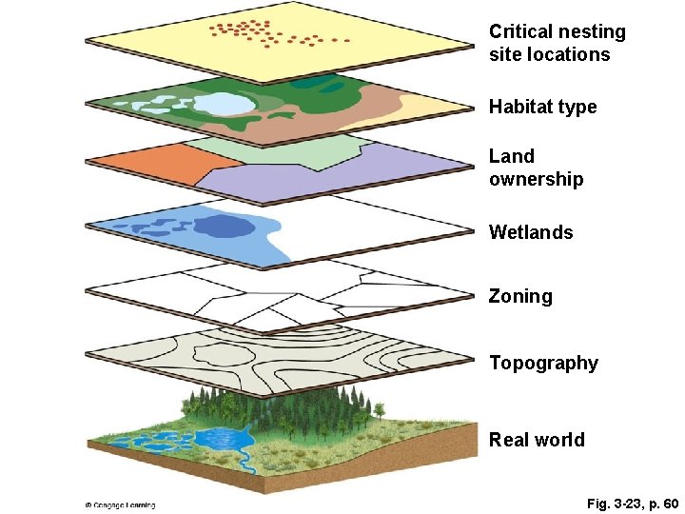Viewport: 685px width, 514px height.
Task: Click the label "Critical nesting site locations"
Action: click(x=558, y=43)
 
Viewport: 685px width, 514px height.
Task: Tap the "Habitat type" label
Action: click(x=542, y=107)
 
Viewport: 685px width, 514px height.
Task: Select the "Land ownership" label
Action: click(x=536, y=168)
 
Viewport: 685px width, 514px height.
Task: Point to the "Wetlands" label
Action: click(x=531, y=232)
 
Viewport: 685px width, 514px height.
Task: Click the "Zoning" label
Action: click(x=520, y=296)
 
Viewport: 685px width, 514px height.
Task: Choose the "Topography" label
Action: click(x=543, y=363)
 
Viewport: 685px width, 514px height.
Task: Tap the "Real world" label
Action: click(x=537, y=440)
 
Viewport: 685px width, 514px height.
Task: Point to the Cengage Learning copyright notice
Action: click(x=120, y=504)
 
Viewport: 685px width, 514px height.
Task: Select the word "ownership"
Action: click(x=536, y=179)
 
